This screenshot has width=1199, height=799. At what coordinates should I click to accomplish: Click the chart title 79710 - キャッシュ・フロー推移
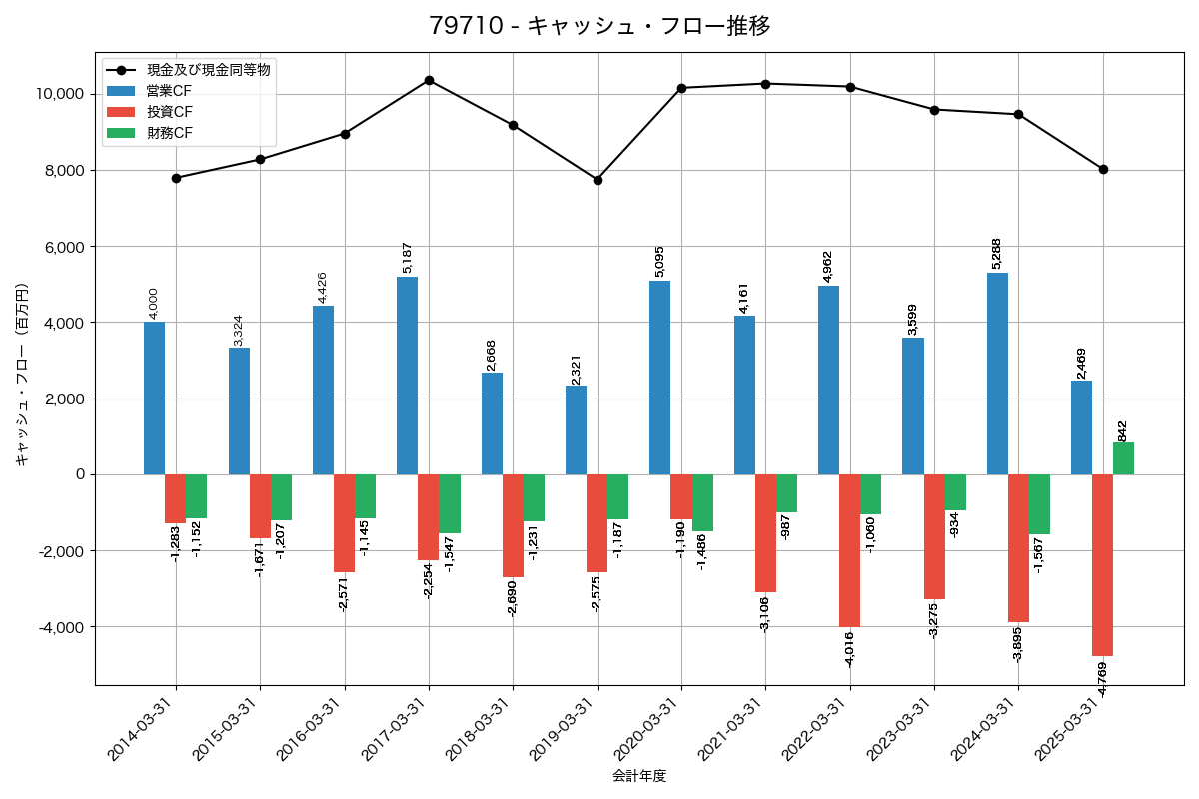pos(599,26)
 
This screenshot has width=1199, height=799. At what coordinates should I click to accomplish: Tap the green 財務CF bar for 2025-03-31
pos(1123,458)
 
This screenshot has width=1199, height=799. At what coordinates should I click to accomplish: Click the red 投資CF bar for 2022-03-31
pos(849,550)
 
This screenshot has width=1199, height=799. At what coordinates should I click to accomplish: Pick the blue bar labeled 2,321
pos(576,429)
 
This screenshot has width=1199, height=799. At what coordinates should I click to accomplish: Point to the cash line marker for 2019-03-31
pos(598,180)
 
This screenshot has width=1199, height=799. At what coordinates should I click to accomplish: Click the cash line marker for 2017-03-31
pos(429,80)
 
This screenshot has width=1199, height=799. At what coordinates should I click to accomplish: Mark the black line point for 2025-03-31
pos(1103,169)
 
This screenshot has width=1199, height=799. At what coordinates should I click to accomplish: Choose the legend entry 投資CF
pos(170,111)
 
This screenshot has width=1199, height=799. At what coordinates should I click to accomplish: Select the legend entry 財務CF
pos(170,132)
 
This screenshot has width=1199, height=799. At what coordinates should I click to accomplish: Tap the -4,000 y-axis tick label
pos(62,627)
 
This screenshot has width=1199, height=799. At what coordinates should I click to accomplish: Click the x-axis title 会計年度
pos(639,776)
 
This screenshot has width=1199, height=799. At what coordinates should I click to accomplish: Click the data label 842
pos(1123,430)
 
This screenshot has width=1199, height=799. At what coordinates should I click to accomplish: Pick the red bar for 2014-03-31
pos(175,498)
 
